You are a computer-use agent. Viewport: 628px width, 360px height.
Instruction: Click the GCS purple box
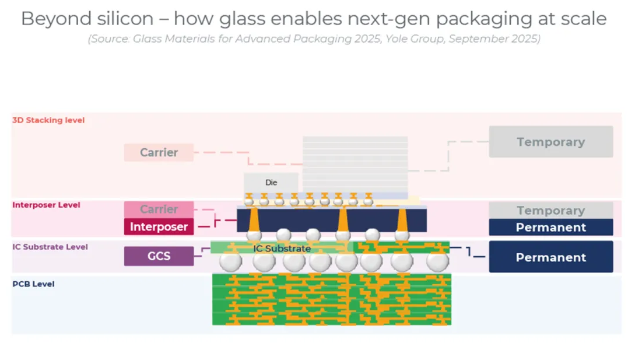pyautogui.click(x=159, y=256)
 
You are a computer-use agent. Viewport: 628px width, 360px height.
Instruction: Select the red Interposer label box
pyautogui.click(x=159, y=226)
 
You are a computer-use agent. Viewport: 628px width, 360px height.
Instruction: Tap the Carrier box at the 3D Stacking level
pyautogui.click(x=159, y=152)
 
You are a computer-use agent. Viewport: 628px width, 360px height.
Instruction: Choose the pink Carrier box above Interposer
pyautogui.click(x=159, y=209)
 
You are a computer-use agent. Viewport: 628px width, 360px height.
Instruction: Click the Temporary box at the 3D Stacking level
pyautogui.click(x=550, y=142)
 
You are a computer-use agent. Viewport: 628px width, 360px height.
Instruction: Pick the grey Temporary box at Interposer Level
pyautogui.click(x=550, y=210)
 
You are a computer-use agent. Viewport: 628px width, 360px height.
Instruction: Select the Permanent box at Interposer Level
pyautogui.click(x=550, y=227)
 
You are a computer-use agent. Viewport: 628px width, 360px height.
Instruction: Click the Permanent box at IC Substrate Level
pyautogui.click(x=550, y=257)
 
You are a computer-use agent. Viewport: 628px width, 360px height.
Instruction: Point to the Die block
pyautogui.click(x=271, y=183)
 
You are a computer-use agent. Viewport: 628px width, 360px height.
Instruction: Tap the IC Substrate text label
pyautogui.click(x=282, y=249)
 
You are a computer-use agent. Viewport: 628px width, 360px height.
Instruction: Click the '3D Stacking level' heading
pyautogui.click(x=48, y=120)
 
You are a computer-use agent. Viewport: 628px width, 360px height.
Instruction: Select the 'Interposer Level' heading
pyautogui.click(x=46, y=205)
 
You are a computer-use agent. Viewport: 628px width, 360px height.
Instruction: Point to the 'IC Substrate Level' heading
pyautogui.click(x=50, y=247)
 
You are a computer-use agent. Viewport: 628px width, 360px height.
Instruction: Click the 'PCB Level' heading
pyautogui.click(x=33, y=284)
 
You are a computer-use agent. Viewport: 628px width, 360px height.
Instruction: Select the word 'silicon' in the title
pyautogui.click(x=123, y=19)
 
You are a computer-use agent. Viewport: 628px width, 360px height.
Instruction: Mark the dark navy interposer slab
pyautogui.click(x=332, y=220)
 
